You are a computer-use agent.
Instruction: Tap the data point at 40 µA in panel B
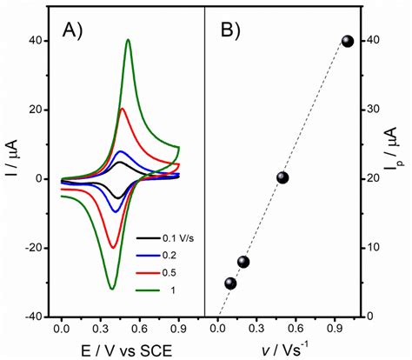[347, 41]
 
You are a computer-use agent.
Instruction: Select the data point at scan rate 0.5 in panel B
[282, 177]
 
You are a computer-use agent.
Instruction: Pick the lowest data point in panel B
[230, 283]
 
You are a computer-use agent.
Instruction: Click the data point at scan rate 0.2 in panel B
[243, 262]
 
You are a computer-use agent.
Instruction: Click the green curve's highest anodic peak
[128, 39]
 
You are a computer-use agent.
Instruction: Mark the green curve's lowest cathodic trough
[112, 288]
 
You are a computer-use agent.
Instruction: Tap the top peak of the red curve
[123, 109]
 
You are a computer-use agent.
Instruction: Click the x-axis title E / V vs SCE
[120, 350]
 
